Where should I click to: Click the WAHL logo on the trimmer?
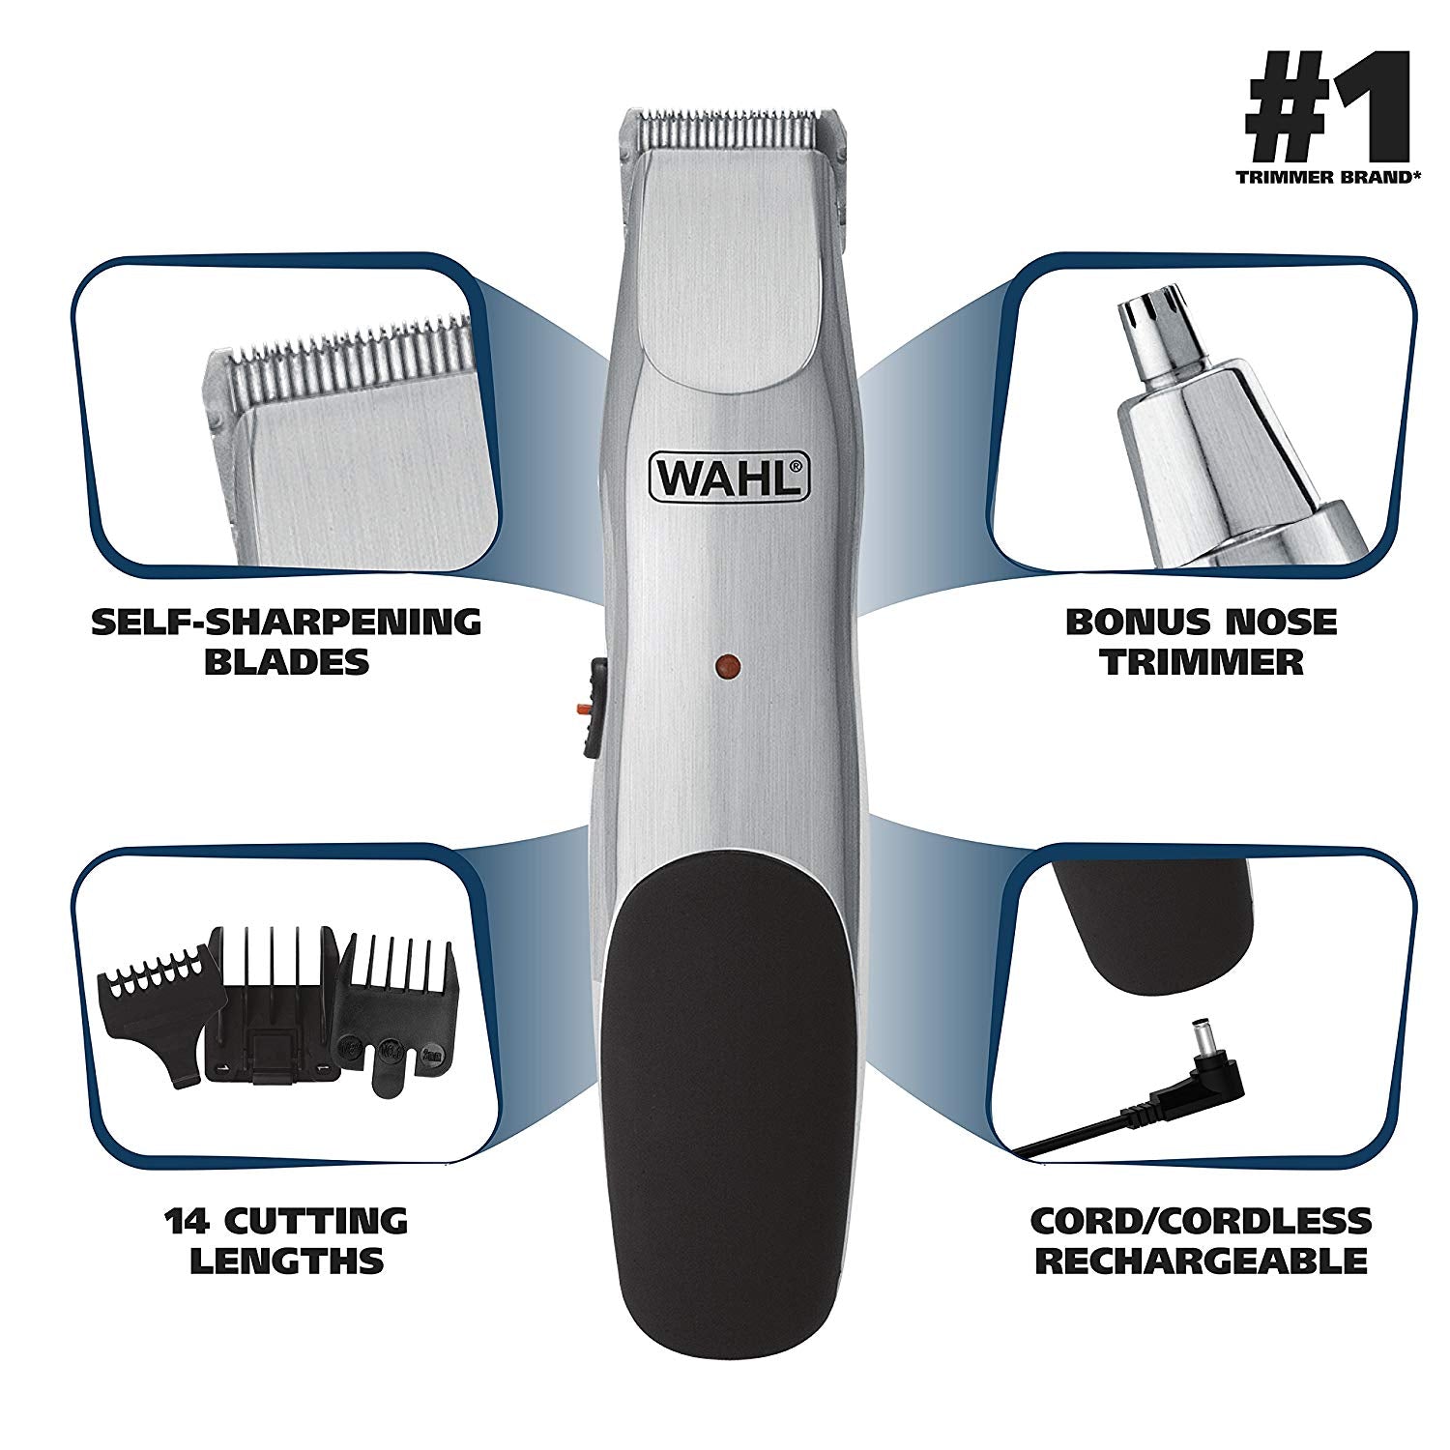coord(727,477)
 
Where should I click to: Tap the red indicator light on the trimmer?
coord(727,665)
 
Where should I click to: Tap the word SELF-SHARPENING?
coord(286,622)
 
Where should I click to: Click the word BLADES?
coord(287,662)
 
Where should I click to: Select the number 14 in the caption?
coord(188,1221)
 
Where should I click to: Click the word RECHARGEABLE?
coord(1201,1261)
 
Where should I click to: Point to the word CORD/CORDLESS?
coord(1201,1221)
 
